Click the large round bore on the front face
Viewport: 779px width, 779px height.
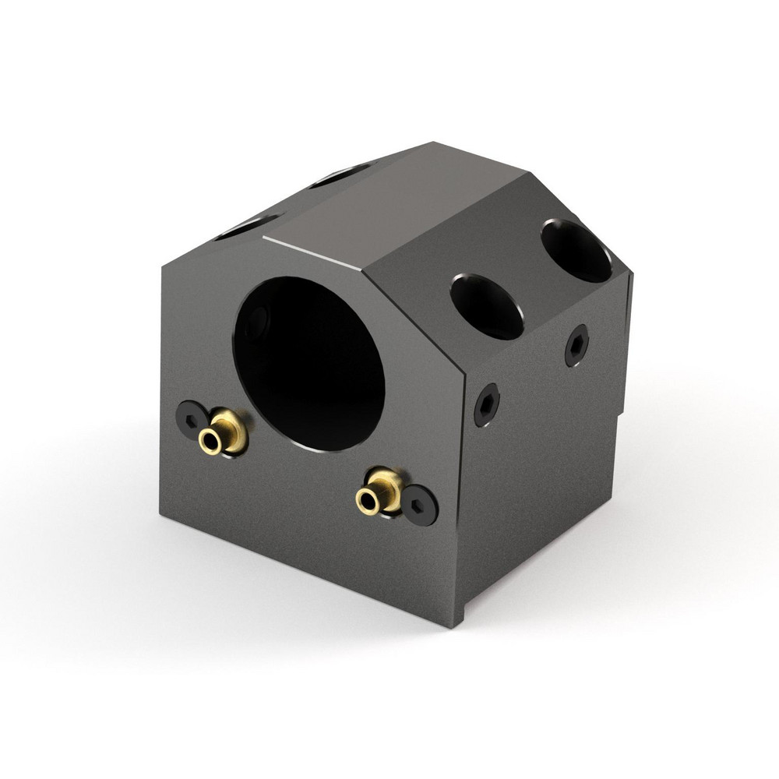point(309,362)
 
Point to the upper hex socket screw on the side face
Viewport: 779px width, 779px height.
point(576,345)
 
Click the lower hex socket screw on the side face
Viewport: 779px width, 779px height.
point(487,404)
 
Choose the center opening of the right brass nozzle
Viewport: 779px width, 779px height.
point(366,500)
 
